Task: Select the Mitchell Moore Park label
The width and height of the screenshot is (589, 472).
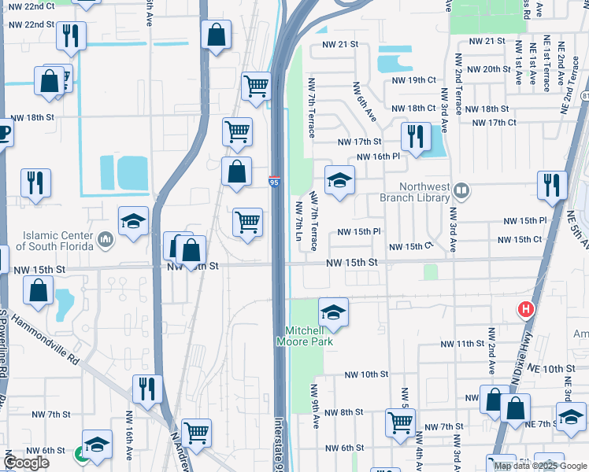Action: coord(304,336)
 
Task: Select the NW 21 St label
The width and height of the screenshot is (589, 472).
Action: coord(486,41)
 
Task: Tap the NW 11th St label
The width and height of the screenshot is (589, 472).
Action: coord(461,345)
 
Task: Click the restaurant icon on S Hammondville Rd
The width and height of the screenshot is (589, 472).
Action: coord(147,389)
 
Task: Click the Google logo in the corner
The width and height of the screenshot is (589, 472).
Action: coord(26,463)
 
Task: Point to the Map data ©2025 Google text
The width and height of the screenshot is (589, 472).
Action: coord(539,466)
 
